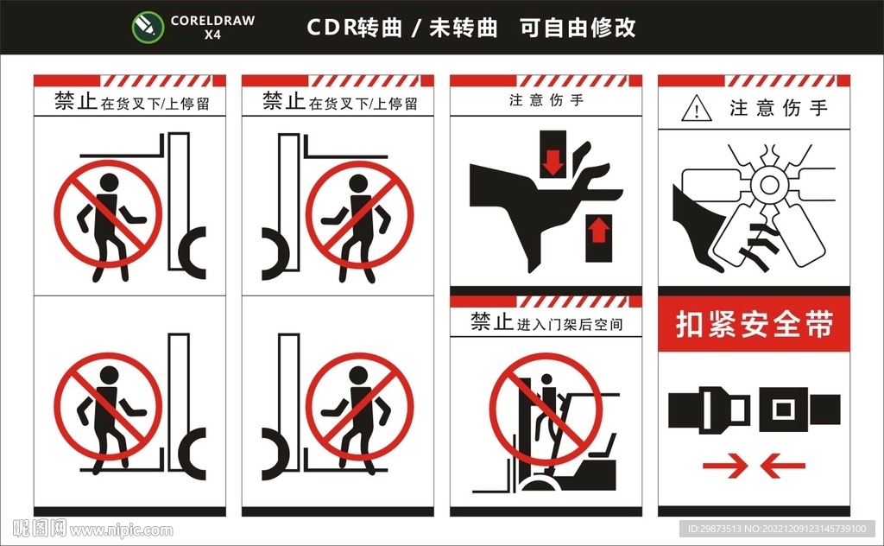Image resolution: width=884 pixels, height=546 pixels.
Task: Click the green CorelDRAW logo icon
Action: click(x=148, y=27)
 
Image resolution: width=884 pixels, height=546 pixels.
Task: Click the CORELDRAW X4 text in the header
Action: click(x=212, y=28)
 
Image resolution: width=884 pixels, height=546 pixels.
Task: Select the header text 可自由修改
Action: click(x=578, y=28)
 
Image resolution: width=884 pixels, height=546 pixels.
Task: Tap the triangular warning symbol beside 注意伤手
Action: click(x=696, y=110)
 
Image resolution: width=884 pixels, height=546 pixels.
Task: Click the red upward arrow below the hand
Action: click(x=599, y=236)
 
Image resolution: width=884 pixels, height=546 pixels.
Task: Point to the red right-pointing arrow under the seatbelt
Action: click(x=725, y=467)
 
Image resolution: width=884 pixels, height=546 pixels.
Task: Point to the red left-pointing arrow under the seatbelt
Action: click(x=782, y=467)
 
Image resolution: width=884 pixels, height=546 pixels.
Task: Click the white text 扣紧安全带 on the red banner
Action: click(x=754, y=326)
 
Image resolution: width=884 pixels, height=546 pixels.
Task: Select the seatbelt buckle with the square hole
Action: click(x=799, y=409)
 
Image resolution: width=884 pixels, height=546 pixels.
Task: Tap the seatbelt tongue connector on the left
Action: click(x=710, y=409)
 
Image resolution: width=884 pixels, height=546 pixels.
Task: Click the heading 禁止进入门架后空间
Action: click(x=546, y=324)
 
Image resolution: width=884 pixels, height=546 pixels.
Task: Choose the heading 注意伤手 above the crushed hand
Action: click(x=546, y=100)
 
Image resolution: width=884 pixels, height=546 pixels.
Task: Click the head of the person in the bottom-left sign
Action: click(x=109, y=375)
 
